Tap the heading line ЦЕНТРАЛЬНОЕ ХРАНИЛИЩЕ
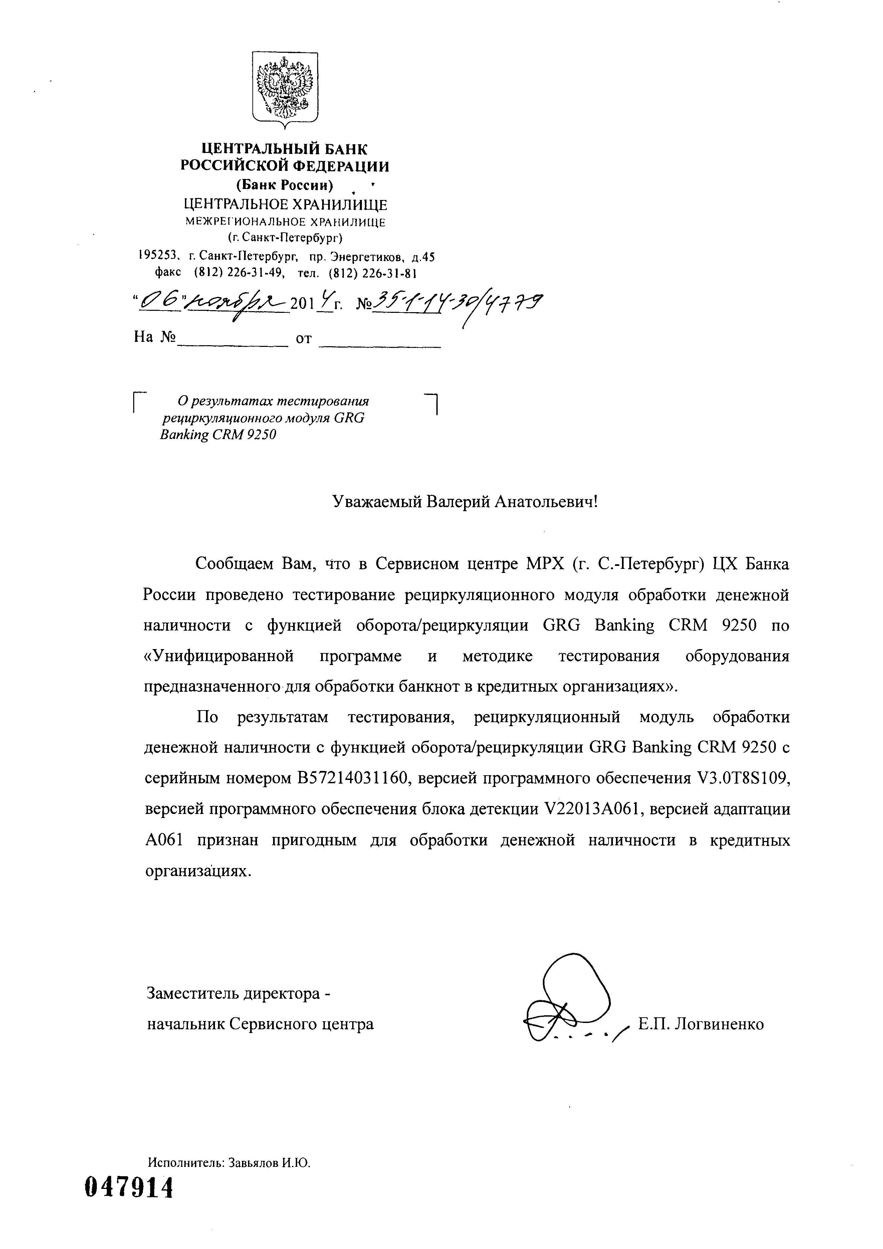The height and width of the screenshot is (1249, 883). coord(286,205)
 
